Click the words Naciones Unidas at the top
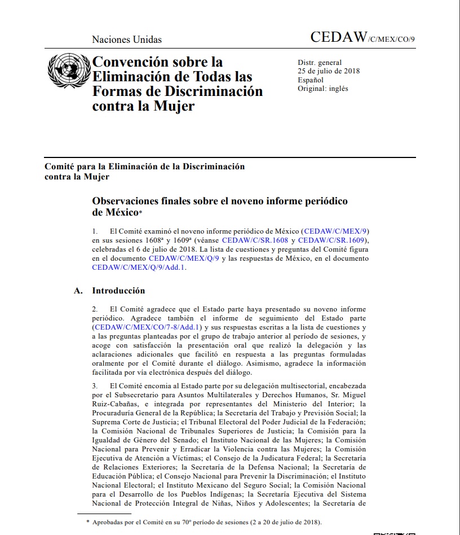[x=127, y=40]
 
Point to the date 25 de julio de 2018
[x=329, y=71]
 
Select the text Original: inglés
[x=323, y=89]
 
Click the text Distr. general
[x=320, y=63]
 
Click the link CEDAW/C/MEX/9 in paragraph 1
[x=337, y=231]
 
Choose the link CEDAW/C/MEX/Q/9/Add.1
[x=138, y=267]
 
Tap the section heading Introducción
[x=118, y=291]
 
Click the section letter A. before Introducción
[x=79, y=291]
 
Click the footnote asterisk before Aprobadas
[x=87, y=523]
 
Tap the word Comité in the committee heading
[x=61, y=167]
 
